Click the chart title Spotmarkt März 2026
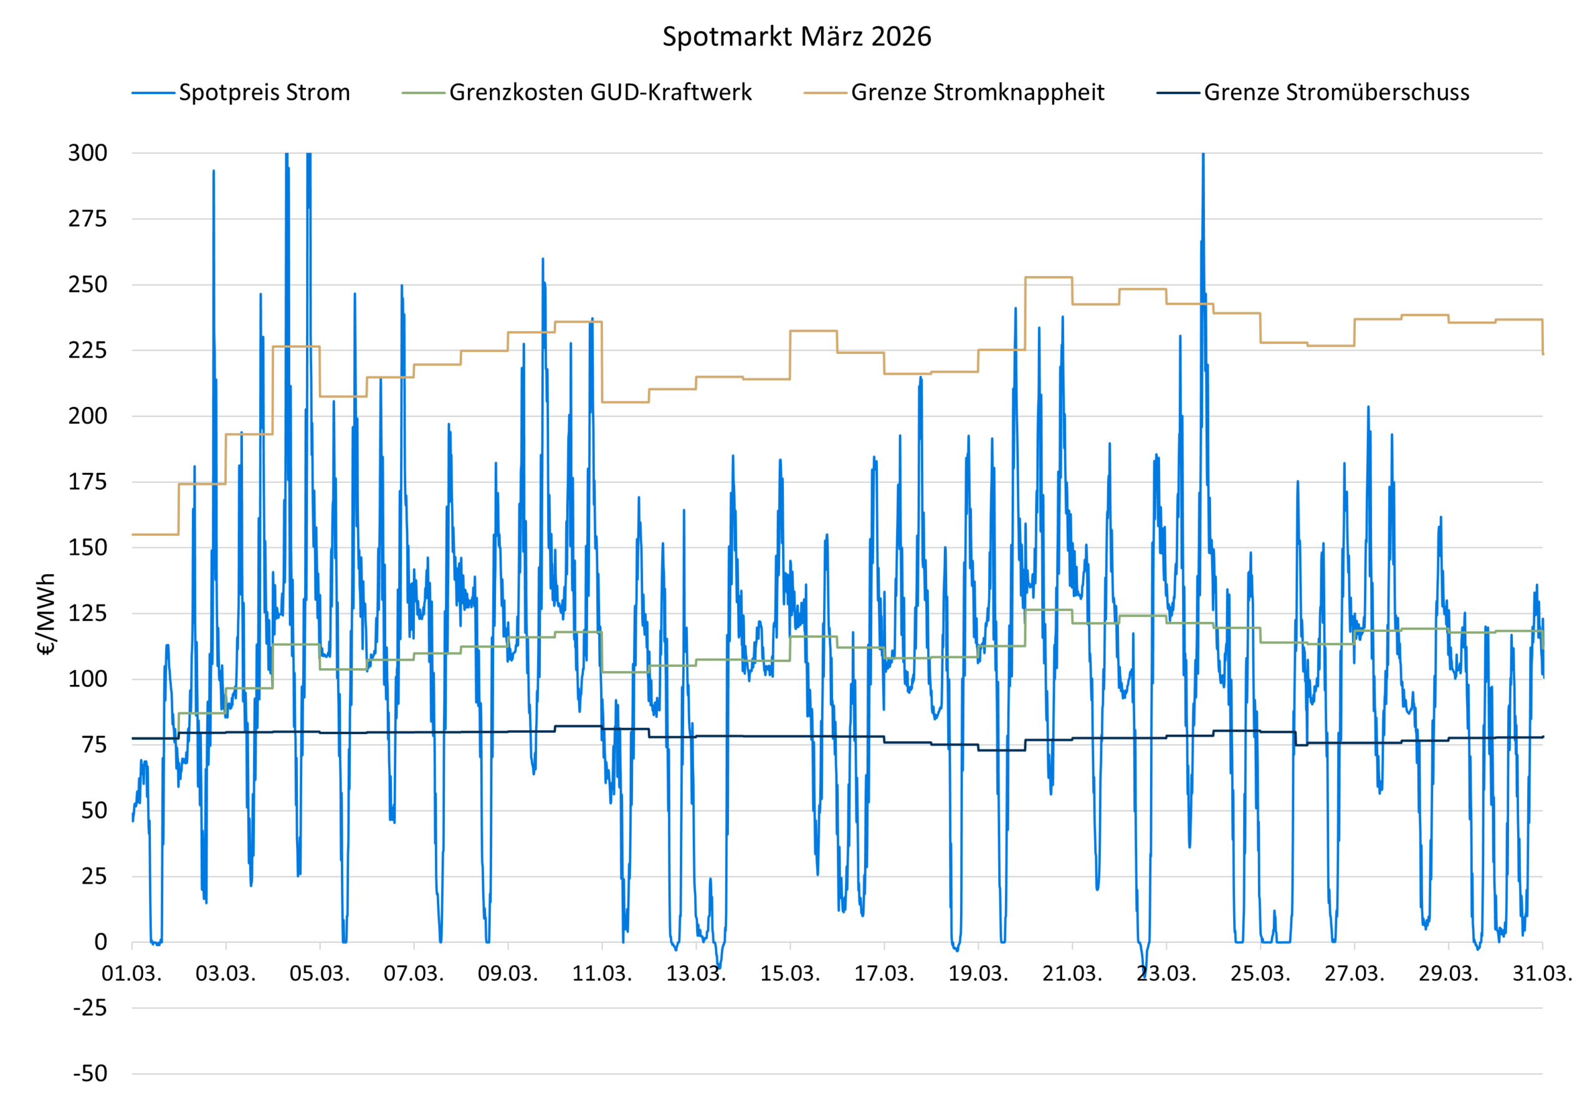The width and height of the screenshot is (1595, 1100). tap(796, 36)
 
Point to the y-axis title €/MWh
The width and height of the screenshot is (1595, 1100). tap(45, 614)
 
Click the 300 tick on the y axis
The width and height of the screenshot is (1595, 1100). tap(87, 153)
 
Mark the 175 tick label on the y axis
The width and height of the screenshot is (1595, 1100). tap(87, 482)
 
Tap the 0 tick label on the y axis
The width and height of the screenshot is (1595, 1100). tap(100, 942)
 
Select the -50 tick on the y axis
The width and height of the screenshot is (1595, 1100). tap(90, 1073)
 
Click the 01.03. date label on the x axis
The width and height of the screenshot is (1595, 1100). tap(131, 974)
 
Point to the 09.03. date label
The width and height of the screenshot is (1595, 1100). tap(508, 974)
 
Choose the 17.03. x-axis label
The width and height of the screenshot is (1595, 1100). tap(884, 974)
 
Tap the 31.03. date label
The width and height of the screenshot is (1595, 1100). tap(1542, 974)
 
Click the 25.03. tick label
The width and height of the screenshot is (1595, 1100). tap(1260, 974)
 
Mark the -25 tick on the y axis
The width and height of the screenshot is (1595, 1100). tap(90, 1008)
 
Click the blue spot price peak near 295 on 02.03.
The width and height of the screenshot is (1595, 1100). tap(214, 171)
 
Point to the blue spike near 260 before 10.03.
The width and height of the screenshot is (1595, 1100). tap(543, 260)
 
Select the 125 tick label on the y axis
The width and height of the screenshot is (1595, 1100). tap(87, 613)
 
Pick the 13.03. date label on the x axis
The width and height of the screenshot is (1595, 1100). tap(696, 974)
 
